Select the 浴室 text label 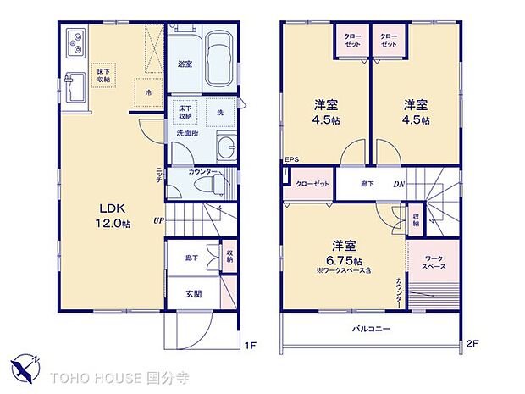185,63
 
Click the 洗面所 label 187,133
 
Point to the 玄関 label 193,295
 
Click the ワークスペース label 434,261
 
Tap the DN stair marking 398,184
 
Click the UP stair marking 158,222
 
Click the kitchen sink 74,86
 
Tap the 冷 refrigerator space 148,91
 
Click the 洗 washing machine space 219,113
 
